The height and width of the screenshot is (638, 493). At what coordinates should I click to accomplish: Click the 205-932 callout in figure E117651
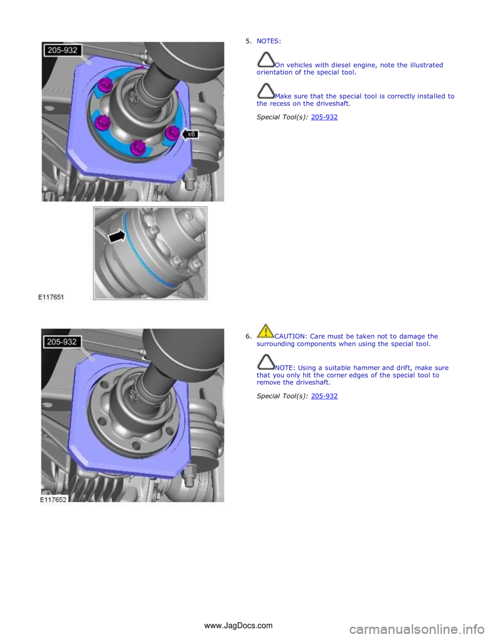(x=62, y=50)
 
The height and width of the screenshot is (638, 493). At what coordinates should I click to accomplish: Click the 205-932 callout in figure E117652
(x=62, y=342)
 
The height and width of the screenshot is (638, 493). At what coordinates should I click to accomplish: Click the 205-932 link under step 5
(x=324, y=117)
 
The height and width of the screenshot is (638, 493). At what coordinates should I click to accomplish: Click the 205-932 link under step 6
(x=324, y=396)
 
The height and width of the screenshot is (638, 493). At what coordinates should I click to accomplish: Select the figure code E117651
(x=51, y=297)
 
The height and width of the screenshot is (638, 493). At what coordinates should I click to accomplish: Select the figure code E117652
(x=53, y=499)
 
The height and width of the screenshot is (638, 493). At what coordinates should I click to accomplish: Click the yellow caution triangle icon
(x=266, y=331)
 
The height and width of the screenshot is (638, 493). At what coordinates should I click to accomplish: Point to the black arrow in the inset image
(x=117, y=237)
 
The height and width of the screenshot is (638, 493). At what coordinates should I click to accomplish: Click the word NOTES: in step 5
(x=269, y=41)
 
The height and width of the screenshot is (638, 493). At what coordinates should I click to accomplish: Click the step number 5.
(x=248, y=41)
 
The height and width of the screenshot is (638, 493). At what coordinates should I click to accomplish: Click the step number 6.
(x=248, y=336)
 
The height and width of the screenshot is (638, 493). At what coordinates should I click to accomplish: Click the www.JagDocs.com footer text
(x=238, y=625)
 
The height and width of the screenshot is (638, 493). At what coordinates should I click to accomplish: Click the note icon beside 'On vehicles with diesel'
(x=266, y=60)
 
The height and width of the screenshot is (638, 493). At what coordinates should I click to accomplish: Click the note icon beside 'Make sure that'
(x=266, y=91)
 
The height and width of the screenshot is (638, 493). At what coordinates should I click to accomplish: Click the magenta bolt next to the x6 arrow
(x=171, y=133)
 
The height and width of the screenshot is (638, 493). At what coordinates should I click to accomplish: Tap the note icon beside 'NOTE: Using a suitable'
(x=266, y=362)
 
